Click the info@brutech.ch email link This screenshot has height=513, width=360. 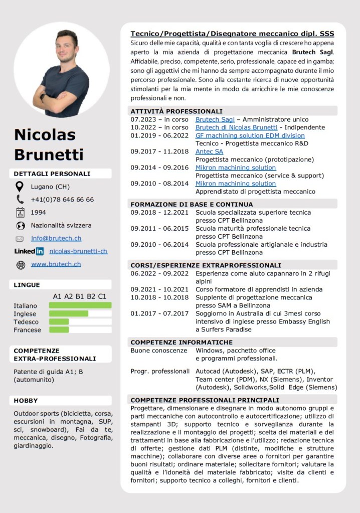[56, 238]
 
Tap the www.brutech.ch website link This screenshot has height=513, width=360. [56, 264]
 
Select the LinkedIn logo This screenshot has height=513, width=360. [29, 251]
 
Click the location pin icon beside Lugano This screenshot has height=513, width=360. [20, 187]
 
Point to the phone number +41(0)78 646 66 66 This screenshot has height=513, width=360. [62, 200]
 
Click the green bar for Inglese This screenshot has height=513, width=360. [69, 313]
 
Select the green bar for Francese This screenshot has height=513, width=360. [59, 329]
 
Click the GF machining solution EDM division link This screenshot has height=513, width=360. [250, 135]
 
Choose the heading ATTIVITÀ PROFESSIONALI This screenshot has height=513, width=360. [176, 111]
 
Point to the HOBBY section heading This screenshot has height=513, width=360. [26, 401]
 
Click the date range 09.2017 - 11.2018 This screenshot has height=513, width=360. [159, 151]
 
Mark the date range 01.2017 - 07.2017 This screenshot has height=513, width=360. [159, 313]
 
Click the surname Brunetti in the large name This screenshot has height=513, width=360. [49, 154]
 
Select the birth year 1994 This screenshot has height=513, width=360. [39, 213]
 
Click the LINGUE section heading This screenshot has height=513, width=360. [27, 285]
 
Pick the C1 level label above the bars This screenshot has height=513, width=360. [102, 296]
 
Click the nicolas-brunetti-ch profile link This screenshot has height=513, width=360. [78, 251]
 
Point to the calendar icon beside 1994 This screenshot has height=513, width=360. [20, 212]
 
